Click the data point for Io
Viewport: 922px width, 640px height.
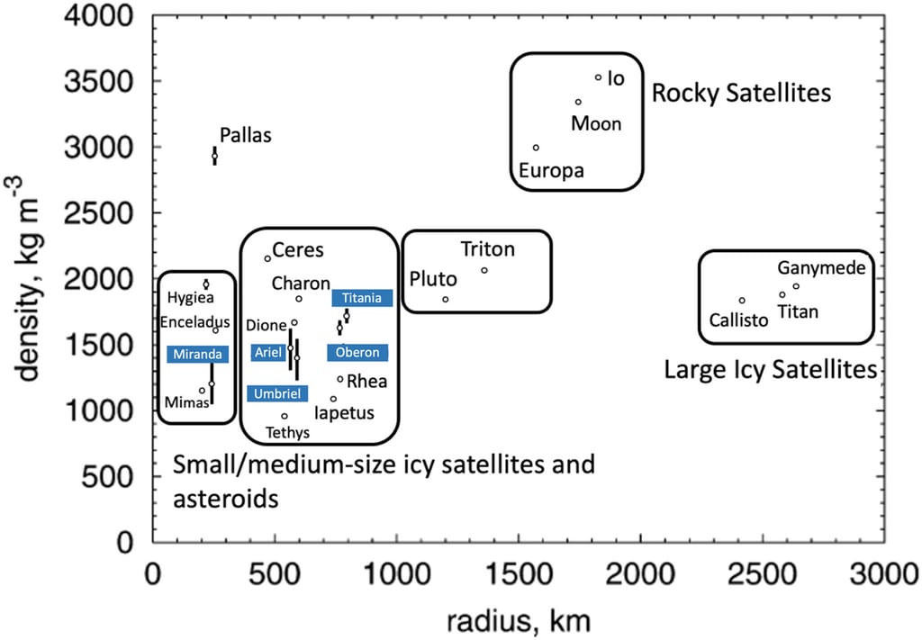tap(598, 77)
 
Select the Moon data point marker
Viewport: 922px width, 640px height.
tap(578, 102)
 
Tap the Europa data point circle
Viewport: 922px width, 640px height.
tap(536, 148)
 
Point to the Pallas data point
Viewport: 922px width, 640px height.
tap(214, 156)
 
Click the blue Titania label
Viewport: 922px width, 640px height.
tap(362, 298)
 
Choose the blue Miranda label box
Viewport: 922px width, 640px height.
tap(197, 355)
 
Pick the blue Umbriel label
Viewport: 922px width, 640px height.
tap(277, 393)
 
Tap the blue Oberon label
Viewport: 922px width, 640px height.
tap(357, 353)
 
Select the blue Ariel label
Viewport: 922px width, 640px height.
tap(268, 352)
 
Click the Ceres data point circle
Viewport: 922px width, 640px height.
tap(267, 258)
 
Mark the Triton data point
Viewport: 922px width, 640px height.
tap(484, 270)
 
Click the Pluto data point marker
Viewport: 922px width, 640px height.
tap(445, 299)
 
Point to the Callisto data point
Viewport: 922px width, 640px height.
tap(742, 301)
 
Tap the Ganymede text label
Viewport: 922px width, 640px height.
tap(821, 268)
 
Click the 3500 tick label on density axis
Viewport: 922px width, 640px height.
tap(99, 81)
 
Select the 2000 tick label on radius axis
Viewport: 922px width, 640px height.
tap(640, 573)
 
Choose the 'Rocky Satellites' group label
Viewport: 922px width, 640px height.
tap(742, 93)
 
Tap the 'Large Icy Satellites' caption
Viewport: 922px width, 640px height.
tap(771, 370)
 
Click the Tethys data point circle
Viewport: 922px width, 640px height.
tap(285, 416)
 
